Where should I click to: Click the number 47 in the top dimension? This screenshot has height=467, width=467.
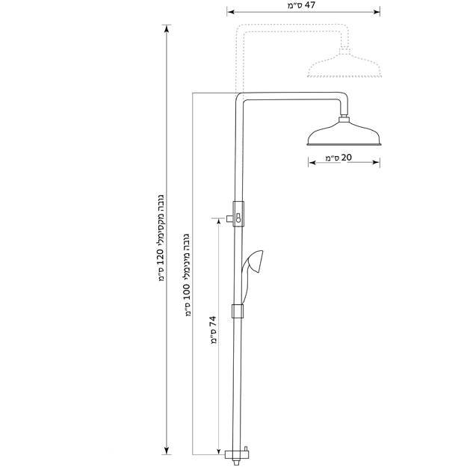click(309, 5)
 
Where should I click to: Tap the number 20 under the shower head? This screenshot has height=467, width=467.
click(347, 157)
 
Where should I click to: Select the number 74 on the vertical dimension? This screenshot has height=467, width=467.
click(212, 321)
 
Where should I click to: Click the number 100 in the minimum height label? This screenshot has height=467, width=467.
click(187, 292)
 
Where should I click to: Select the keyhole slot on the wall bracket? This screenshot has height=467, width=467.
click(238, 217)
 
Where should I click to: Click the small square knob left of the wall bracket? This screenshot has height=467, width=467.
click(229, 219)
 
